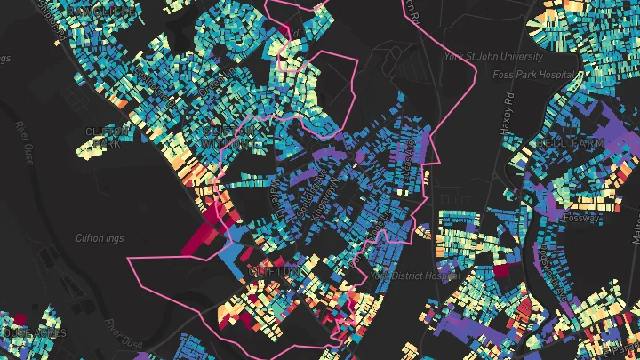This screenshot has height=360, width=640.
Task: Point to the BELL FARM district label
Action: point(570,142)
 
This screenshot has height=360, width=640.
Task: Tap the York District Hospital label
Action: point(405,275)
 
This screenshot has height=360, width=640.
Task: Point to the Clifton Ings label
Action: point(100,238)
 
